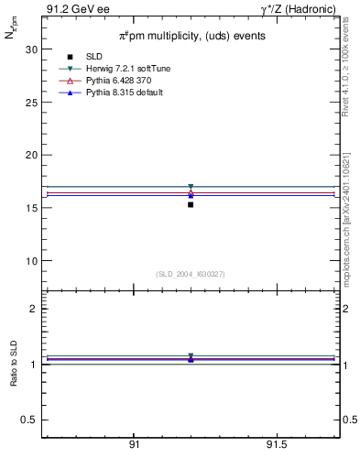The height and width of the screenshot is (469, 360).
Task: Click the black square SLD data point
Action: click(x=191, y=204)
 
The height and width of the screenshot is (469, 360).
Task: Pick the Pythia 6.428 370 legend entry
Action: click(x=118, y=82)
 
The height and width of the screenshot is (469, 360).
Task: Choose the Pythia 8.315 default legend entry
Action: click(x=124, y=93)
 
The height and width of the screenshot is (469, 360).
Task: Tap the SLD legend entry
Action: click(x=94, y=58)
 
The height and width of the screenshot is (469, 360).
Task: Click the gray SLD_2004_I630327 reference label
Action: click(x=191, y=274)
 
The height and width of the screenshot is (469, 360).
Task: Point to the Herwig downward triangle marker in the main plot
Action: click(x=191, y=187)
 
